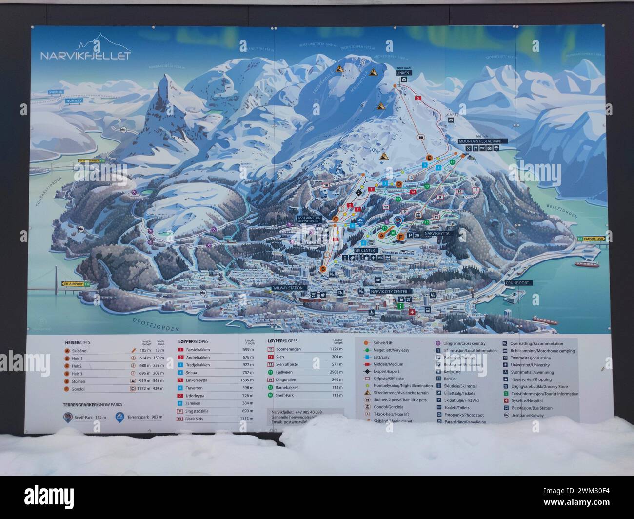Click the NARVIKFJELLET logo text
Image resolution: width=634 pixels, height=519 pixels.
point(85,55)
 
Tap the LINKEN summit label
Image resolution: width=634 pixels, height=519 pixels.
point(404,73)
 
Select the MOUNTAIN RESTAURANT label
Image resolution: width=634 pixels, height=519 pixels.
point(480,141)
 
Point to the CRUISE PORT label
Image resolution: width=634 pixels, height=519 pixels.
point(519,282)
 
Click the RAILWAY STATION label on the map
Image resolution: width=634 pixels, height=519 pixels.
point(287,288)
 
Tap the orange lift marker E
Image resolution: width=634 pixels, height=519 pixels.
point(429,158)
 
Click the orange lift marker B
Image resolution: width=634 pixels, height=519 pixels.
point(322,269)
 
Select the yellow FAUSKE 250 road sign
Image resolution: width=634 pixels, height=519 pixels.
point(593,239)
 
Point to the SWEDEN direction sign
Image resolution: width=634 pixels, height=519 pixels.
point(57,92)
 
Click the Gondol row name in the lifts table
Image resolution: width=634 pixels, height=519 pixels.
point(78,389)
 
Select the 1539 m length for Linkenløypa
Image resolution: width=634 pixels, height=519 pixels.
point(248,380)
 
